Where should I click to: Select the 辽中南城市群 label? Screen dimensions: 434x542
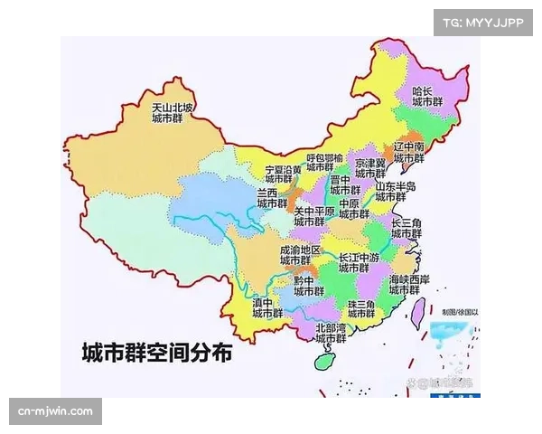click(408, 152)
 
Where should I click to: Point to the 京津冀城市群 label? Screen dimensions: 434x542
click(369, 168)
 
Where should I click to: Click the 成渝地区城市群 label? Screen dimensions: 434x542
click(299, 255)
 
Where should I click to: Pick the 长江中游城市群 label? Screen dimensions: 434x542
click(359, 262)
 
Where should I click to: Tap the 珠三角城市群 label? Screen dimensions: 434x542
click(360, 309)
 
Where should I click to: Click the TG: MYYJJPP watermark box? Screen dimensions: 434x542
click(483, 22)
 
